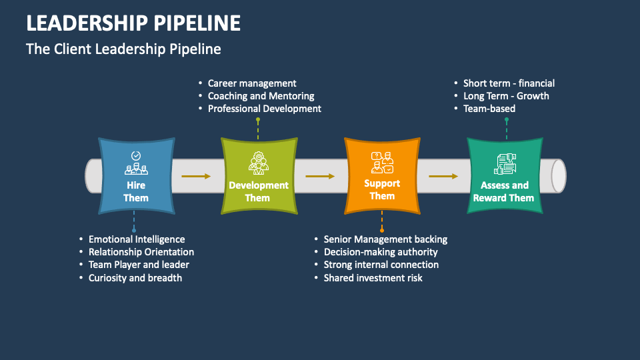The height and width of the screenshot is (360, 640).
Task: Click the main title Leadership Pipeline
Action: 133,23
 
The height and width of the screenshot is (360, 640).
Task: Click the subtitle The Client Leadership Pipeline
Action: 123,49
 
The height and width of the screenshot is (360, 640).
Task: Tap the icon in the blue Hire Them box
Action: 136,163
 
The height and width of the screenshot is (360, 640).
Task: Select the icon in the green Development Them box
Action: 258,163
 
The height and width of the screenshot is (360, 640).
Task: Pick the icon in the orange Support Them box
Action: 382,162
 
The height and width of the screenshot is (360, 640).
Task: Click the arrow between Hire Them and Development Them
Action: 196,176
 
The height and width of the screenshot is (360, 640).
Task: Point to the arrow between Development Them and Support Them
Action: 320,176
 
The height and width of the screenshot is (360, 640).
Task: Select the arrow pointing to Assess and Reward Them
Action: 443,176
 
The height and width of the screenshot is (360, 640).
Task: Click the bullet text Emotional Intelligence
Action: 137,239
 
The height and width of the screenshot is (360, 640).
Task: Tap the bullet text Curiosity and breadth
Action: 135,277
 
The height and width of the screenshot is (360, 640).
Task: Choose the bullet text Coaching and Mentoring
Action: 261,96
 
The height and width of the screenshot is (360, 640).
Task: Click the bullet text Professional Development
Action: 264,109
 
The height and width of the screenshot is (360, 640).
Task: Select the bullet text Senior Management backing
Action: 385,239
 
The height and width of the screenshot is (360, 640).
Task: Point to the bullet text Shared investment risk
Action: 373,277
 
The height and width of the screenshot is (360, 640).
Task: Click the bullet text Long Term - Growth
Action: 506,96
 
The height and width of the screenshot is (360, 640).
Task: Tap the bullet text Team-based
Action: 489,109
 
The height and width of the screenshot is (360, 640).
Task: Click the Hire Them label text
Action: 136,191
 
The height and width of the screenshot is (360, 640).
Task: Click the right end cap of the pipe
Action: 559,176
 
